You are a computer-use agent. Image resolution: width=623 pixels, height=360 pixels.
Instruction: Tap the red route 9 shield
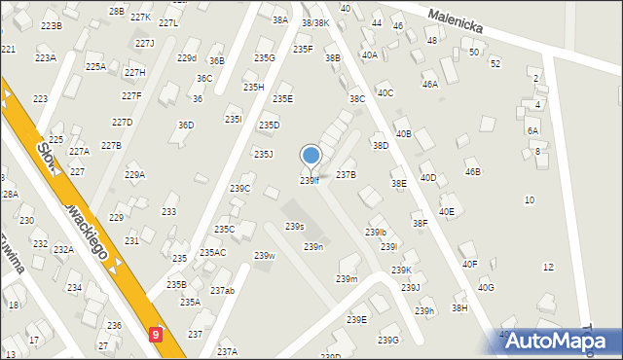157,334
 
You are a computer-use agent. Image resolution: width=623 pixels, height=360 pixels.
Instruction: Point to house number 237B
346,175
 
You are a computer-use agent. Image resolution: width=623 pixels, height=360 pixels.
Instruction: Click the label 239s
294,227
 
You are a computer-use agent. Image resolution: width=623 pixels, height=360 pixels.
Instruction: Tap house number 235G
265,58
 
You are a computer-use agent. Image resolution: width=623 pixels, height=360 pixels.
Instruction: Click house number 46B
472,172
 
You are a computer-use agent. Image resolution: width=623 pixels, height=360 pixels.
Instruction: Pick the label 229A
134,175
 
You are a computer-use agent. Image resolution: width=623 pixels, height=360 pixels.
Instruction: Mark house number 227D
122,123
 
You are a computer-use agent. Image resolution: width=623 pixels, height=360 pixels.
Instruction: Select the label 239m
347,279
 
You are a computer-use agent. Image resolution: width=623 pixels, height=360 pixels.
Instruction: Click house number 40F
470,264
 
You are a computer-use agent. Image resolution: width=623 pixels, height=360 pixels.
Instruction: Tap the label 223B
51,26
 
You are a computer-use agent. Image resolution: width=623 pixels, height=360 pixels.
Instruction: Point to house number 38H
459,307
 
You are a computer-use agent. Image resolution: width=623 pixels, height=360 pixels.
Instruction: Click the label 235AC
212,253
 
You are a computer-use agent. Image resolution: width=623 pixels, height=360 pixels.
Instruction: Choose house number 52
495,63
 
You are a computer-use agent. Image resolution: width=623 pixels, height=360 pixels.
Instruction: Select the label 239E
357,320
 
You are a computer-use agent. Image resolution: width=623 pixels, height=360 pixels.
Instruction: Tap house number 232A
63,250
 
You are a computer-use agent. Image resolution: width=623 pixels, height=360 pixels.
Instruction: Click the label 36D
185,126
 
